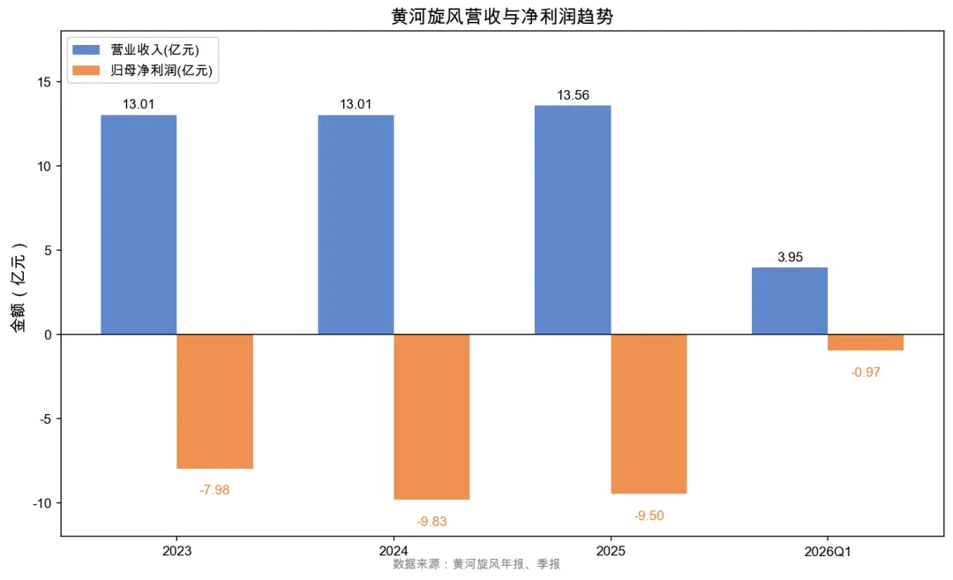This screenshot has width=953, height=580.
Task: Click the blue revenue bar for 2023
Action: (x=139, y=224)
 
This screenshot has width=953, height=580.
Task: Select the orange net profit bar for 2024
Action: (x=431, y=417)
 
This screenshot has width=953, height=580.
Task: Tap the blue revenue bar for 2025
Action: (x=573, y=220)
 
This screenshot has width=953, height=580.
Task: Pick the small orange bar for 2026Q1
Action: (x=866, y=343)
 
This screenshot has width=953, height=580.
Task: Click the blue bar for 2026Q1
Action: (x=790, y=301)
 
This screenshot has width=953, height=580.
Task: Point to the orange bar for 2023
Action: (x=214, y=402)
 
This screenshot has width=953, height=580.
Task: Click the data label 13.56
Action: (x=574, y=94)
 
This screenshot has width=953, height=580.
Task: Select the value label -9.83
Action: (x=431, y=522)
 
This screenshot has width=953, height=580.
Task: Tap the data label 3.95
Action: (x=790, y=257)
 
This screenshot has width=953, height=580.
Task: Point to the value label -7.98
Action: (x=214, y=490)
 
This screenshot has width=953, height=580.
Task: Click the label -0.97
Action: (x=866, y=372)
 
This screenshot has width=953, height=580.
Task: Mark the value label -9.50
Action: (x=649, y=516)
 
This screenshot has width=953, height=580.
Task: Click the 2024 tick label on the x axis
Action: (x=394, y=551)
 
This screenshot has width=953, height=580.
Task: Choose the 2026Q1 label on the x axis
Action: (x=828, y=552)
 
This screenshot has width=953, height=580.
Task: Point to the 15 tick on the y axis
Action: (x=44, y=82)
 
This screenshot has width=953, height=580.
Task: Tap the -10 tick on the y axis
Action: (x=42, y=503)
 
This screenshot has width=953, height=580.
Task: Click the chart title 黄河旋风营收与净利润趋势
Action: (x=502, y=17)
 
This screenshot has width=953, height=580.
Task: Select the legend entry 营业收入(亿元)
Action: (x=136, y=49)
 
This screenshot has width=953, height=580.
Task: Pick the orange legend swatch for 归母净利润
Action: (x=86, y=71)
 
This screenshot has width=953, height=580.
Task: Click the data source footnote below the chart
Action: (x=476, y=564)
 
